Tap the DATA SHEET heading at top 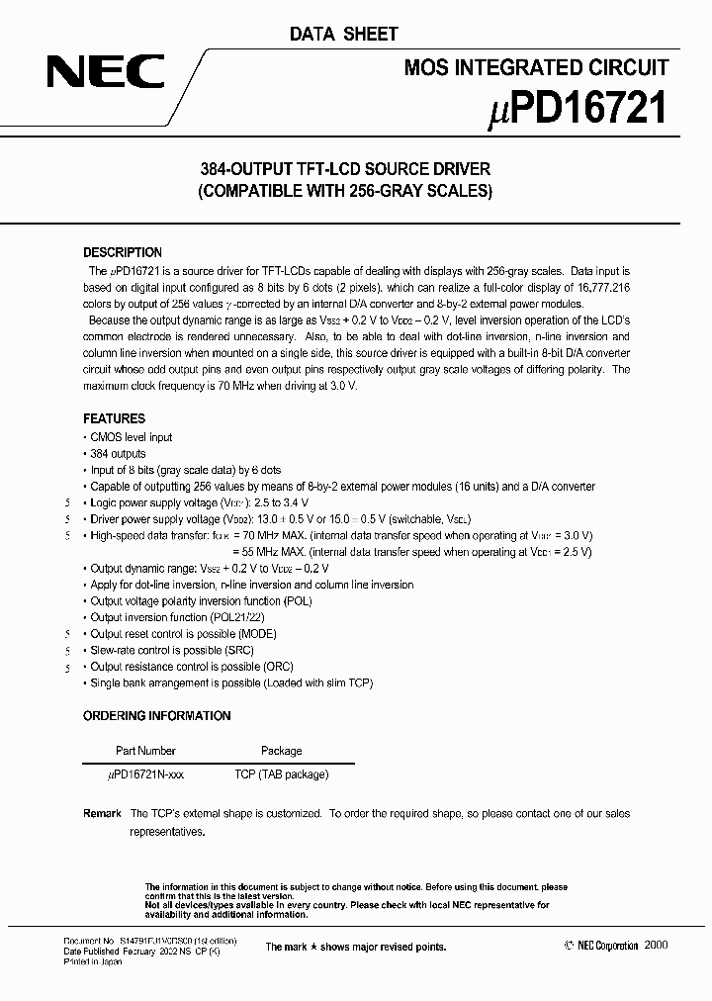pyautogui.click(x=343, y=35)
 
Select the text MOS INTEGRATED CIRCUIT pyautogui.click(x=537, y=67)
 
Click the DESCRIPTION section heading pyautogui.click(x=123, y=252)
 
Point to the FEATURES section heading pyautogui.click(x=114, y=418)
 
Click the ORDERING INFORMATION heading pyautogui.click(x=156, y=715)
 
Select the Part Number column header pyautogui.click(x=145, y=751)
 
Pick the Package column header pyautogui.click(x=281, y=751)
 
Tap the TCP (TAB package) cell pyautogui.click(x=281, y=774)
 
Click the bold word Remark pyautogui.click(x=103, y=813)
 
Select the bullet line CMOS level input pyautogui.click(x=131, y=436)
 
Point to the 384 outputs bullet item pyautogui.click(x=118, y=453)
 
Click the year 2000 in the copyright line pyautogui.click(x=656, y=946)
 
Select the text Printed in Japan pyautogui.click(x=93, y=961)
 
